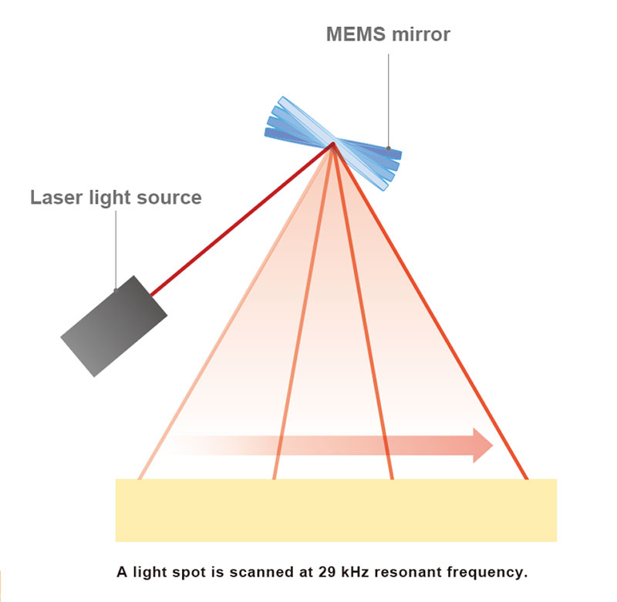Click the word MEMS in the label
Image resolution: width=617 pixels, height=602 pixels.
point(356,34)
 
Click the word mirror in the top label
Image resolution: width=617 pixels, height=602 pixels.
point(420,34)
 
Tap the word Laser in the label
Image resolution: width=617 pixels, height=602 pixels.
point(56,198)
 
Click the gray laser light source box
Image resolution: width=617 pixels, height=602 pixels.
point(113,326)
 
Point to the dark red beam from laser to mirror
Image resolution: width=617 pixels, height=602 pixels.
point(241,219)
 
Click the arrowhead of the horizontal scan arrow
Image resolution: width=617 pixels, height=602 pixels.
point(483,445)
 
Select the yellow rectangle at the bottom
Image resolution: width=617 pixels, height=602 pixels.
point(336,510)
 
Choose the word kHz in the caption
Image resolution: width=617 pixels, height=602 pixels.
point(355,572)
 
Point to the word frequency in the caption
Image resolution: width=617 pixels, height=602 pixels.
point(487,573)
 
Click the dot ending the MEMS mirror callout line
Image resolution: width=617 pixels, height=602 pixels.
point(389,148)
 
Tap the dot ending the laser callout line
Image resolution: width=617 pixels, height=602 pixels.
point(116,290)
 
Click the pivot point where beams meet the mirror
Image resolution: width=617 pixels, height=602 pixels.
point(333,144)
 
